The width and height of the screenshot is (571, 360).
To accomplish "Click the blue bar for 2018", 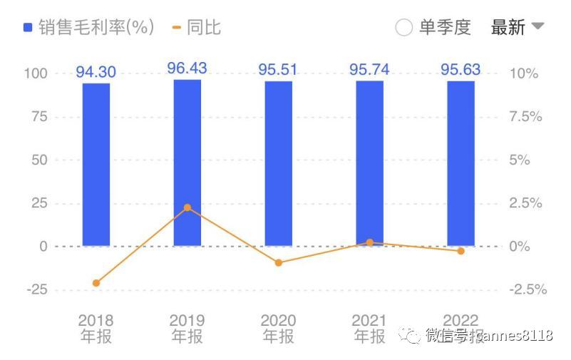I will click(96, 164).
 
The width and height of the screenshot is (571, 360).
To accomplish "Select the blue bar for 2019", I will click(187, 163).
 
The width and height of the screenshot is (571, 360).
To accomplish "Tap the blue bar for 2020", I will click(279, 163).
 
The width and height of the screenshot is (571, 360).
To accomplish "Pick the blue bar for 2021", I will click(369, 163).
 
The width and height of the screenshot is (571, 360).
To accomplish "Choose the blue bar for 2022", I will click(461, 163).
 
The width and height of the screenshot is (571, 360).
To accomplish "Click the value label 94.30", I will click(96, 72).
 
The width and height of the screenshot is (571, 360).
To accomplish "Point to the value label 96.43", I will click(187, 68).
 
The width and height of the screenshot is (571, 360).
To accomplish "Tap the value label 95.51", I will click(279, 70).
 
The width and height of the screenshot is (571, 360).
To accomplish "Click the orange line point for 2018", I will click(96, 283).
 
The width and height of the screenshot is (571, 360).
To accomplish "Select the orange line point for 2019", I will click(187, 207).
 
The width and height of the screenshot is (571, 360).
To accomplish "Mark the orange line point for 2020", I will click(279, 263).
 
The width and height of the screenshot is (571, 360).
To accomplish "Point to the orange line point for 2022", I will click(461, 251).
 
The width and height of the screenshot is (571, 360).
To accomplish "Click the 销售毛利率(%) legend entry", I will click(88, 27).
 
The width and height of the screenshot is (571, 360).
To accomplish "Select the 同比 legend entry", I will click(197, 27).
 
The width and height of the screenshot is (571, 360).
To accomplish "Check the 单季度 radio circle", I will click(403, 28).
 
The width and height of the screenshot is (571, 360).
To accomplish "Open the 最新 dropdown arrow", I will click(538, 26).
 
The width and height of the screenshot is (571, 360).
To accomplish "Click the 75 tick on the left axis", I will click(38, 117).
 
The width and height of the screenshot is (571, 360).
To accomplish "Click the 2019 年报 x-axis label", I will click(187, 329).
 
